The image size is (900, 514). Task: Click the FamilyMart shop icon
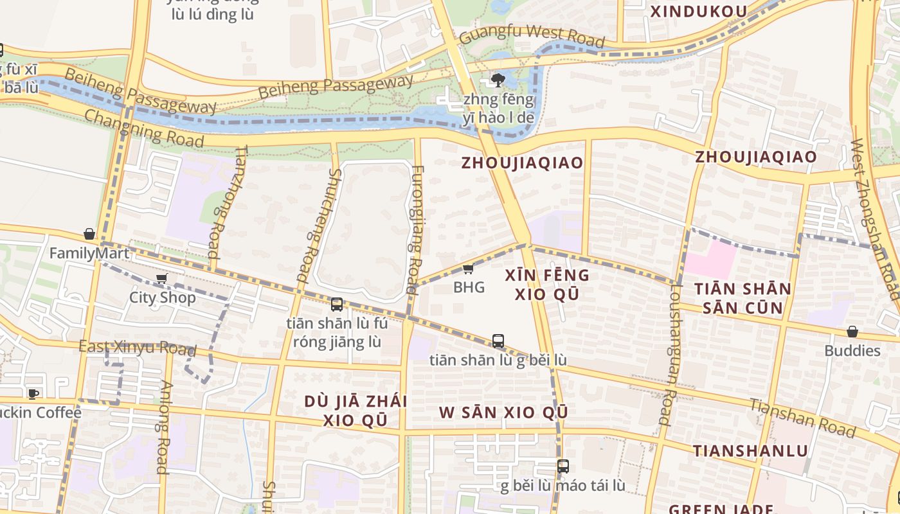[89, 235]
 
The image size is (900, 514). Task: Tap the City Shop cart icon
[161, 279]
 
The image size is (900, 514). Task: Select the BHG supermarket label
[469, 287]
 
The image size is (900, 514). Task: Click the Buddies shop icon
[852, 332]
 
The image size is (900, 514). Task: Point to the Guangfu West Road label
[532, 36]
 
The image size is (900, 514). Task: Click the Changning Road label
[143, 128]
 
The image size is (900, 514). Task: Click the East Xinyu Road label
[137, 348]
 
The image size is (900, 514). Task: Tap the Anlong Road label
[163, 427]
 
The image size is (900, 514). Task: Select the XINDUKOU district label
[699, 12]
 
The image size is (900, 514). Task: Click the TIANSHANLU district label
[750, 450]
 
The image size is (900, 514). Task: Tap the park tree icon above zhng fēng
[497, 80]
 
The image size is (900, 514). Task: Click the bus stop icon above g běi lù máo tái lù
[562, 466]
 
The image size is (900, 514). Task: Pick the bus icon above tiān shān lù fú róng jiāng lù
[336, 305]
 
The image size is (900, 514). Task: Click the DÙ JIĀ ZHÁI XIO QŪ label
[355, 411]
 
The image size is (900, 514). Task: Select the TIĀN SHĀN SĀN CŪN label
[742, 298]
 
